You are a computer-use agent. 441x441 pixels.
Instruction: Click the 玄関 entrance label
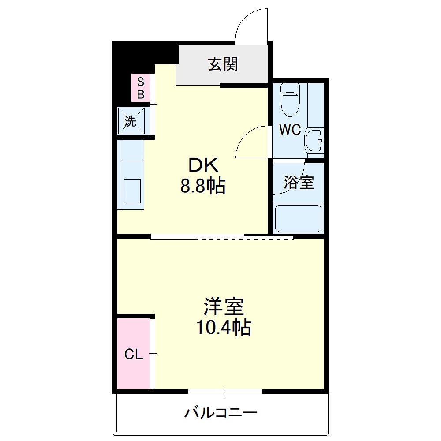223,65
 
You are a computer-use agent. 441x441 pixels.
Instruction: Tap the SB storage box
141,88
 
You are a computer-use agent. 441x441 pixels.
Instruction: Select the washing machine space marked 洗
131,120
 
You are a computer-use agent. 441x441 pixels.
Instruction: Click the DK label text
203,165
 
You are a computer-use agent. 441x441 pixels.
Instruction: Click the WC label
289,130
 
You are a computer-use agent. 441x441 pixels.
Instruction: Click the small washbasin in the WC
315,141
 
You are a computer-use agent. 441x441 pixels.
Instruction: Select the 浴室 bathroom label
299,182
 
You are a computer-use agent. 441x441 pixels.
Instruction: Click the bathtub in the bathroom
298,218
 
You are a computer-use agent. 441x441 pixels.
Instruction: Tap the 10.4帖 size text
224,327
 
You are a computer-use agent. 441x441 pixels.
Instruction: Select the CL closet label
133,354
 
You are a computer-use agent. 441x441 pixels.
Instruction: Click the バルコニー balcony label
220,413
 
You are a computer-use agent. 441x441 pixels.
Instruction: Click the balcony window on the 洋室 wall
225,391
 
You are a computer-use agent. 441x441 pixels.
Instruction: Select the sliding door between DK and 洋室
222,237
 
